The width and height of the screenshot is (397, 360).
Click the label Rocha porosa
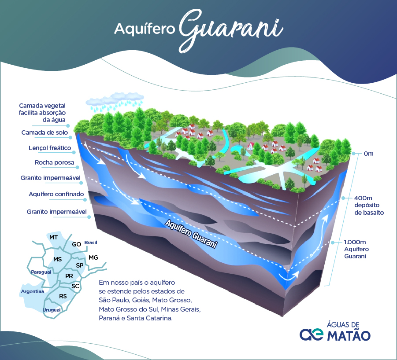(x=55, y=163)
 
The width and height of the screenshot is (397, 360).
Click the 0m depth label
(x=368, y=154)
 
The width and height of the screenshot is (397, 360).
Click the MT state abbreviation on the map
(x=54, y=237)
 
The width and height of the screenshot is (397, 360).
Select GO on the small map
(x=76, y=244)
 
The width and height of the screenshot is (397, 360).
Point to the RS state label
(x=63, y=296)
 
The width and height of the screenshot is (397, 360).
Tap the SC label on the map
(x=75, y=286)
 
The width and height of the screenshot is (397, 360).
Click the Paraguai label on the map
(x=41, y=272)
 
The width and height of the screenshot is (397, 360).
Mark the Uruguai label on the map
(x=51, y=310)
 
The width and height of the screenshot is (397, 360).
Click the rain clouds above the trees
(x=114, y=101)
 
